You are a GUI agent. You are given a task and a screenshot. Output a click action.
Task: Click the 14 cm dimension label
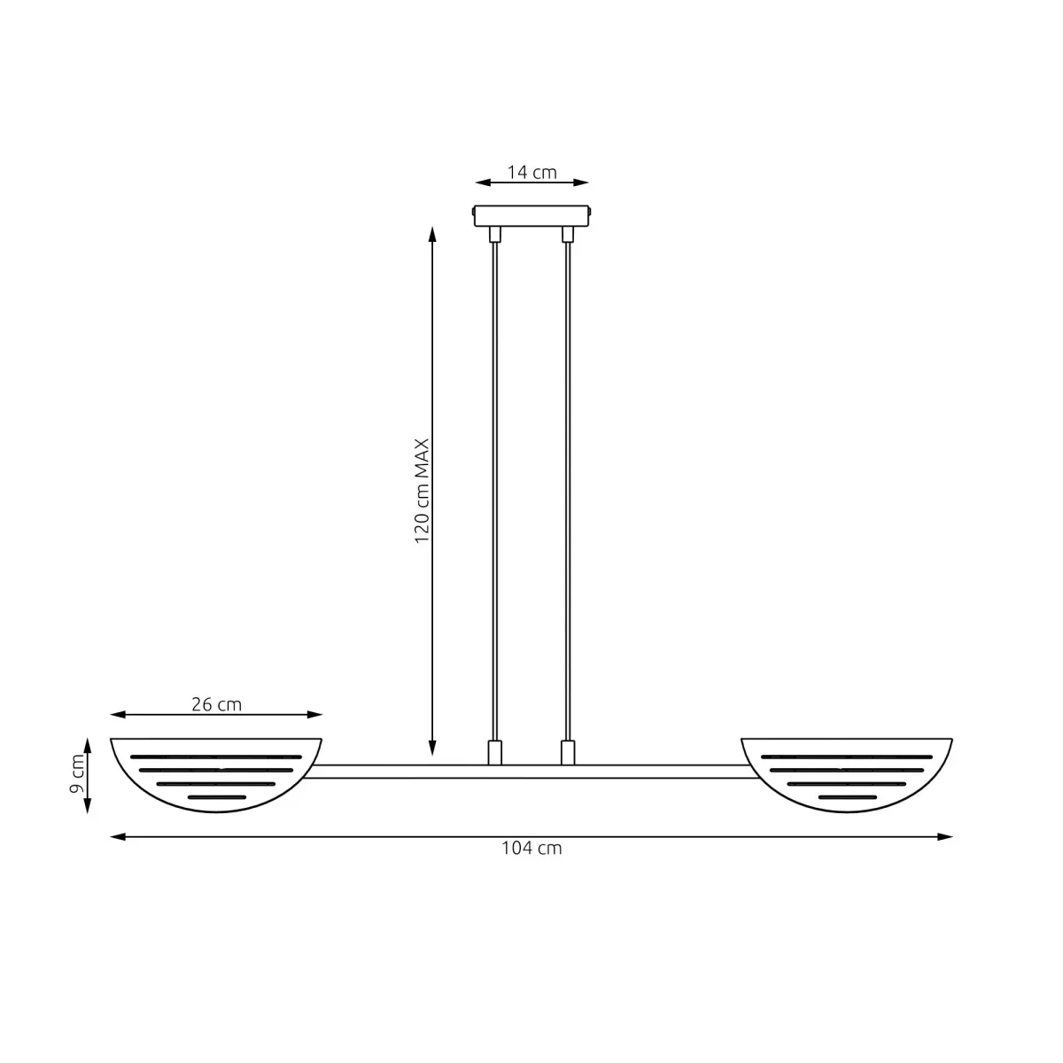[531, 172]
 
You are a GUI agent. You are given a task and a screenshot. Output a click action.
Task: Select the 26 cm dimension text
[216, 705]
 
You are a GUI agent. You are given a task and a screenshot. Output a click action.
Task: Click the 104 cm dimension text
[531, 848]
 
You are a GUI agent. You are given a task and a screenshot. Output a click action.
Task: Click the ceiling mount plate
[531, 216]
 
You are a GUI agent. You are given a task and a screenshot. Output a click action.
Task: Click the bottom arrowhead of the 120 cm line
[432, 749]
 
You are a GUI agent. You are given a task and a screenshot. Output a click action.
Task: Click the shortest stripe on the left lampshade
[216, 797]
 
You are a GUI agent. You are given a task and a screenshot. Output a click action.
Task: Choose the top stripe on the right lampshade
[847, 757]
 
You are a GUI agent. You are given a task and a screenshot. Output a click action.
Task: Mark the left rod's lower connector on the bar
[494, 752]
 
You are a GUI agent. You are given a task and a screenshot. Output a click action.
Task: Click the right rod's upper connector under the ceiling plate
[568, 234]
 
